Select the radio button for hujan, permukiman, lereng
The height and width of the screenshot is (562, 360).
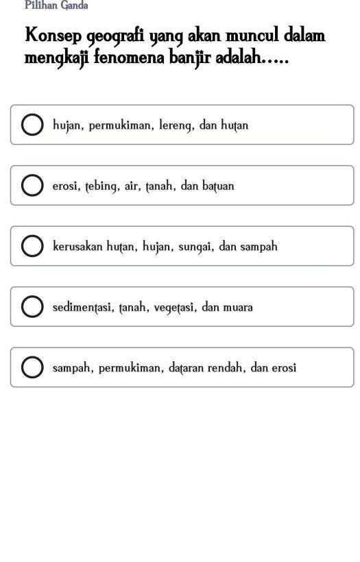pos(32,125)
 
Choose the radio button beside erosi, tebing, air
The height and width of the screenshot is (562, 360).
pos(32,186)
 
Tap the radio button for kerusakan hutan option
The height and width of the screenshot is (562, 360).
pos(32,247)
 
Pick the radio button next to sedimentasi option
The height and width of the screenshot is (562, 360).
pos(32,307)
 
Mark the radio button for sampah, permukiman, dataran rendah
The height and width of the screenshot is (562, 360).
pos(32,367)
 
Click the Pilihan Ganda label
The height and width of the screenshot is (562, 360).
pos(56,5)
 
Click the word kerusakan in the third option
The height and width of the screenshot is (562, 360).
pos(77,247)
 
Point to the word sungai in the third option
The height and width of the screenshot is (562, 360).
pos(198,247)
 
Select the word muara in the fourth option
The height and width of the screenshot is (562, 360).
pos(237,307)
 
